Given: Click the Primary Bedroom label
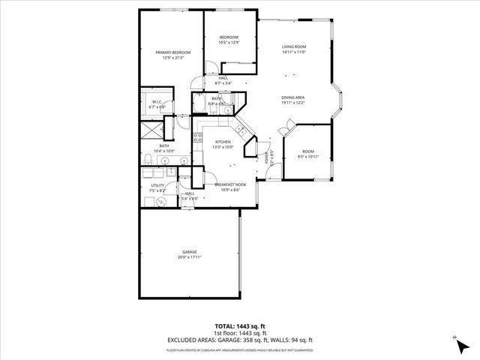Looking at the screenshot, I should pos(173,52).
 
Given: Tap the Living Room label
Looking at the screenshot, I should pos(294,46).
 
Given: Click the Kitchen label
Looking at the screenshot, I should pos(223,142).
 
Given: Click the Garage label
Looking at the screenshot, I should pos(189,251).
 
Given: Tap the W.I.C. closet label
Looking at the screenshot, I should pos(157,102).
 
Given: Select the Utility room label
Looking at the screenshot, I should pos(157,185).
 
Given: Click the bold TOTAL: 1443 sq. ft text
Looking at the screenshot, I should pos(239,326).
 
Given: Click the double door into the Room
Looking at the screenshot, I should pos(284,131).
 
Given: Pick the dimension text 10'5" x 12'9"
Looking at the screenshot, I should pos(229,43).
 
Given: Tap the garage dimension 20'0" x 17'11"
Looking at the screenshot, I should pos(189,256).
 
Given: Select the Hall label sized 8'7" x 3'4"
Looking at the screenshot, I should pos(223,78).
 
